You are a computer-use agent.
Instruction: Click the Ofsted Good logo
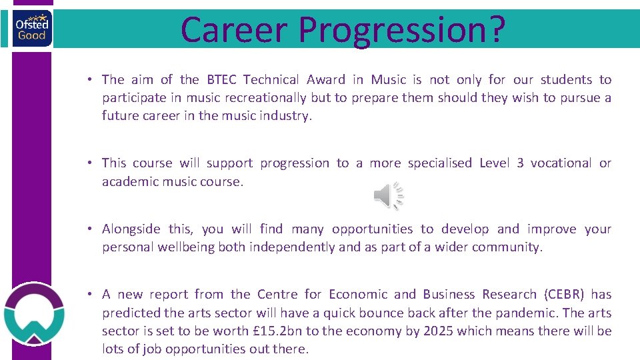[x=31, y=29]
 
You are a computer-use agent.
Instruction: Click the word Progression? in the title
[x=402, y=31]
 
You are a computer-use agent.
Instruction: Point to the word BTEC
[x=221, y=80]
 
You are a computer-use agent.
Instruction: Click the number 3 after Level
[x=519, y=163]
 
